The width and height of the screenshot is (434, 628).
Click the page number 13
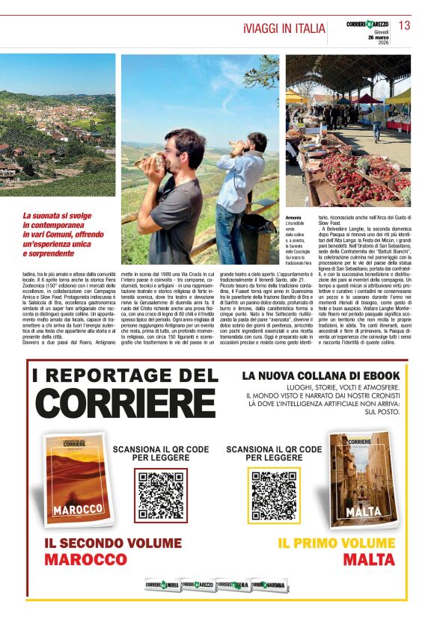(x=404, y=25)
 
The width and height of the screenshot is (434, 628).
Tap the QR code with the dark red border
(x=161, y=495)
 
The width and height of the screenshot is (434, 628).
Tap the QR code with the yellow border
(x=275, y=493)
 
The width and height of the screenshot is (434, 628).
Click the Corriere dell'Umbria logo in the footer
(x=162, y=585)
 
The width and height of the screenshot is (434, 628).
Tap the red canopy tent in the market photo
(x=367, y=99)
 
